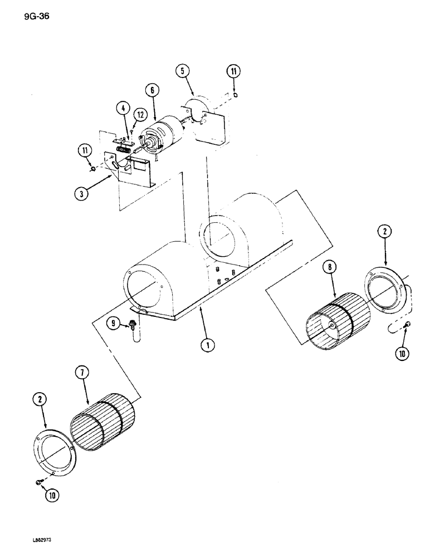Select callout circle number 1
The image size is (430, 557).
(207, 345)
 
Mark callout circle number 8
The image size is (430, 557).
(330, 268)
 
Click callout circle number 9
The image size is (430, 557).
(114, 322)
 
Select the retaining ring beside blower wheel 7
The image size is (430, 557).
(52, 449)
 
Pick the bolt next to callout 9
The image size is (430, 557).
(133, 324)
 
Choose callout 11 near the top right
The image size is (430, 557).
(234, 71)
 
